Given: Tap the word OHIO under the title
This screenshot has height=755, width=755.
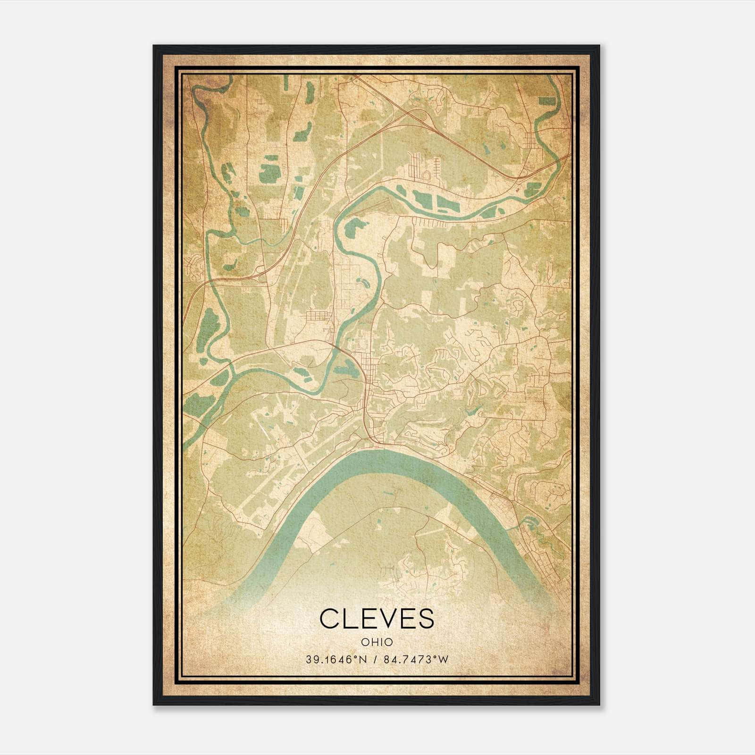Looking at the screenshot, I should coord(377,642).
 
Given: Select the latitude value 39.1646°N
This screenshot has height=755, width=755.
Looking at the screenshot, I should coord(336,659).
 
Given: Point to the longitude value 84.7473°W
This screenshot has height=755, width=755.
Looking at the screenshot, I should coord(416,659).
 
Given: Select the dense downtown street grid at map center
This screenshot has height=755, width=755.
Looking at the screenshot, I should coord(373,373).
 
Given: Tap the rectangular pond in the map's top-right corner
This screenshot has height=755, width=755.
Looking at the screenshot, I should coord(547,101).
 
